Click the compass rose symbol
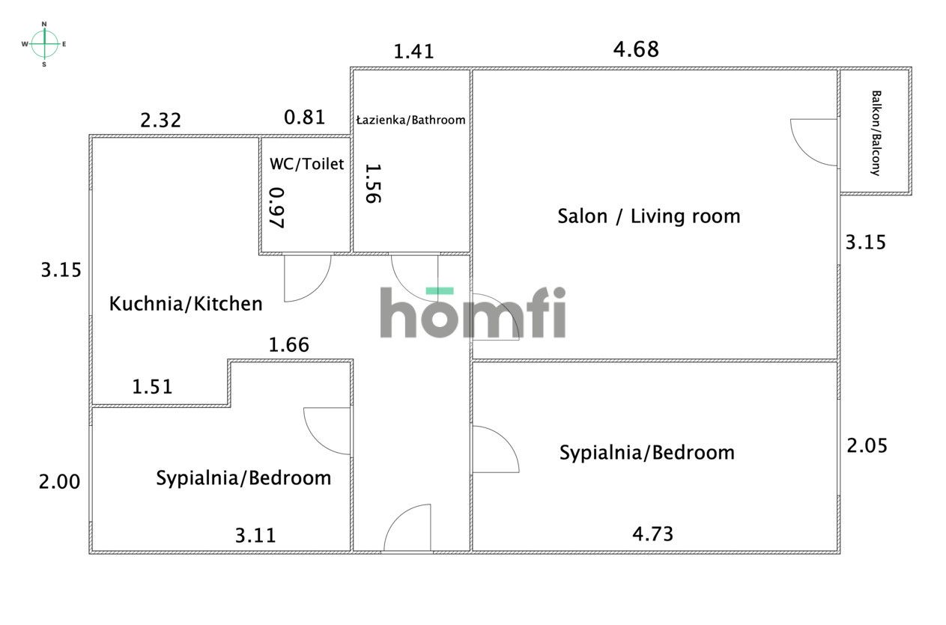coord(44,44)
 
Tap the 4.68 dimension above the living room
coord(636,49)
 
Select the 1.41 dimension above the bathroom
coord(413,52)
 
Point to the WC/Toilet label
coord(307,164)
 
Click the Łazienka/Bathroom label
coord(411,120)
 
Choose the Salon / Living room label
coord(649,216)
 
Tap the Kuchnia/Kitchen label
coord(186,303)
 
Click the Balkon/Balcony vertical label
coord(876,133)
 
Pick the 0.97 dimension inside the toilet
coord(277,207)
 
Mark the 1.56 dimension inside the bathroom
coord(373,183)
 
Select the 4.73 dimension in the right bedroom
coord(652,534)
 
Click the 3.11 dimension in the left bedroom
coord(255,535)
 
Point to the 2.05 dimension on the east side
coord(867,445)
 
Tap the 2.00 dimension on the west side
coord(60,481)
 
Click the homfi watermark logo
coord(473,312)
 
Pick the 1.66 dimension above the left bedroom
coord(289,345)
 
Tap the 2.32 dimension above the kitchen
coord(160,121)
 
